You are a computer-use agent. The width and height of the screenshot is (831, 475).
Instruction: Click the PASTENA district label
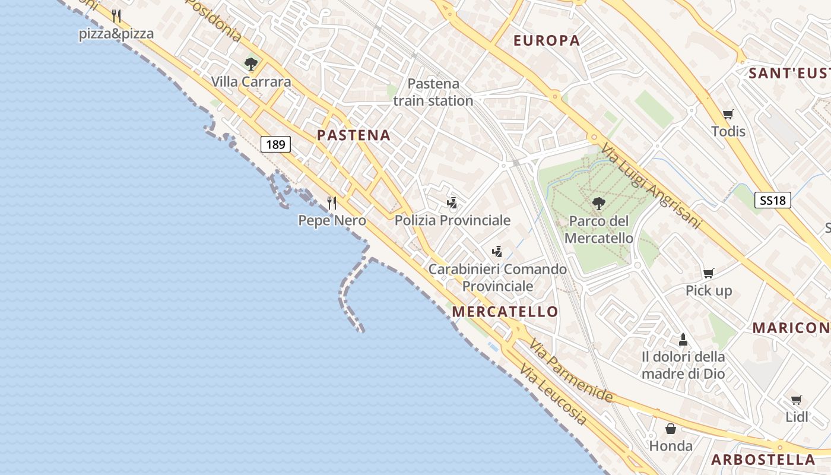click(x=354, y=135)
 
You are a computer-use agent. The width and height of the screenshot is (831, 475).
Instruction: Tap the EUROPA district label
click(x=546, y=40)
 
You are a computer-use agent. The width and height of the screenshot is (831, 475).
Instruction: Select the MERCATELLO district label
click(x=505, y=312)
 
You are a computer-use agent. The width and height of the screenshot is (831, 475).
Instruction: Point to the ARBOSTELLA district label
click(x=763, y=460)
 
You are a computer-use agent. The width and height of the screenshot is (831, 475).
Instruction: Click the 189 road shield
click(x=275, y=144)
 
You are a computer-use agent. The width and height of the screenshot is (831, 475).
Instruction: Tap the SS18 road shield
click(x=773, y=200)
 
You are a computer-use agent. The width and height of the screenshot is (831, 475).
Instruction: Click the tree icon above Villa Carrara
click(x=251, y=64)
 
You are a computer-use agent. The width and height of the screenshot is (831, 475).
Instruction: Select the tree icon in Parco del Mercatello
click(x=598, y=204)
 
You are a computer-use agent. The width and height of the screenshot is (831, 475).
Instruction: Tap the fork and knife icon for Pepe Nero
click(x=332, y=203)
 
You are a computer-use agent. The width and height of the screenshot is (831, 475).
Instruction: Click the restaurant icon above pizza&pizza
click(x=116, y=16)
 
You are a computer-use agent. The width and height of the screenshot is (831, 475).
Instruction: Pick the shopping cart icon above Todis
click(x=728, y=114)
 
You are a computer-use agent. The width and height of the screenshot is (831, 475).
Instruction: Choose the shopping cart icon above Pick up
click(x=708, y=273)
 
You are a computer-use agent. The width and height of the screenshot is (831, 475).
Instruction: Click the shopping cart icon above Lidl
click(x=796, y=400)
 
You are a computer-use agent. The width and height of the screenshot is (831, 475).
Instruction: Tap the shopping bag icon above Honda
click(x=671, y=428)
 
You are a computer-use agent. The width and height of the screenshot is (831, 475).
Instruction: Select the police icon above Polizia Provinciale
click(x=452, y=203)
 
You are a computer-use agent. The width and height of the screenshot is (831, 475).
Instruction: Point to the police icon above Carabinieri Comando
click(x=497, y=252)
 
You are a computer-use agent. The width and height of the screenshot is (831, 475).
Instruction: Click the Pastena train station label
click(x=433, y=92)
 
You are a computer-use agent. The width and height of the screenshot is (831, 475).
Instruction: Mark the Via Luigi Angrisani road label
click(x=651, y=186)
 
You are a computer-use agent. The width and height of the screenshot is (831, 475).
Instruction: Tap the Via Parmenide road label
click(x=571, y=370)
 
